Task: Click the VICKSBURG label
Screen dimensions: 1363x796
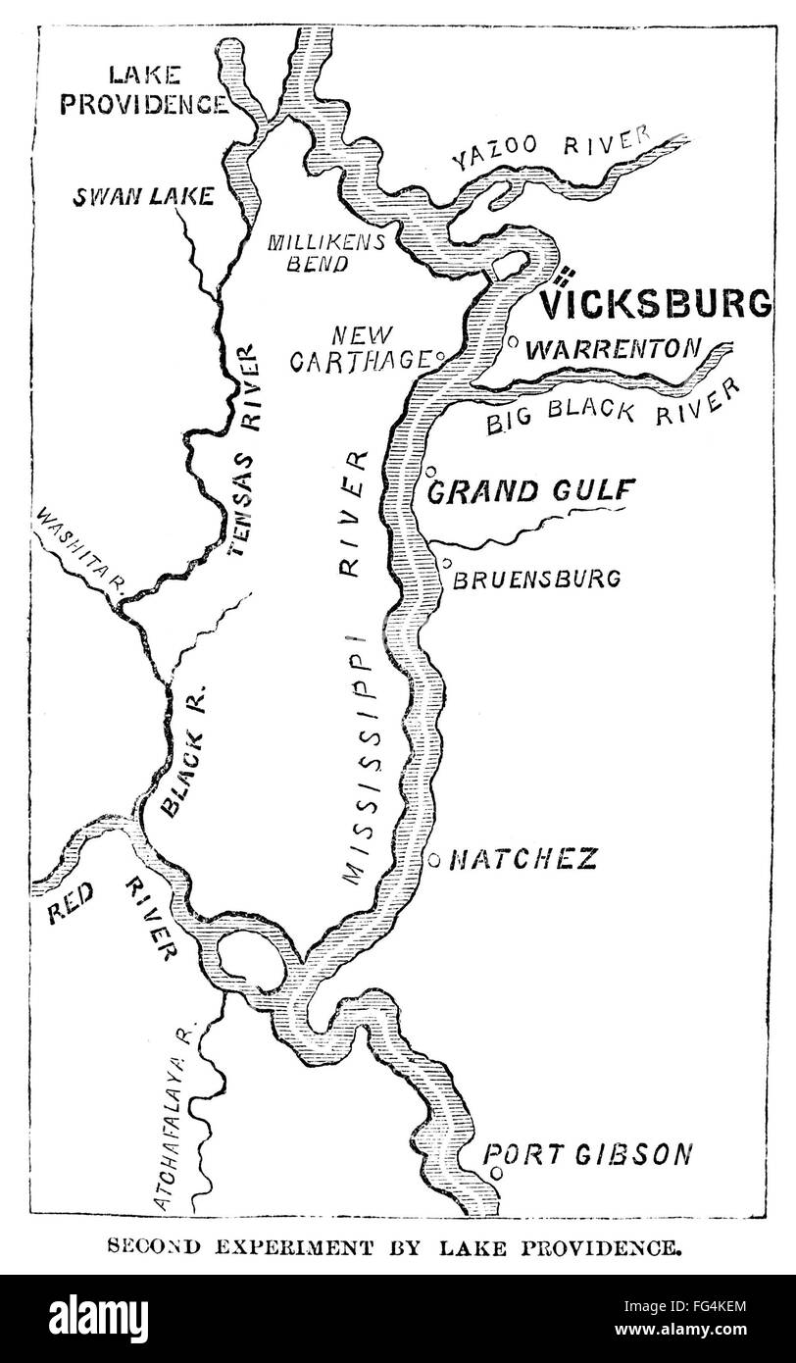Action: point(658,304)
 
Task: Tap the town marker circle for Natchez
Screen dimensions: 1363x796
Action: point(433,860)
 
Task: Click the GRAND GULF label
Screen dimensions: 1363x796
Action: point(531,490)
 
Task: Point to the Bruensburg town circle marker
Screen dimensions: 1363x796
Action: point(446,563)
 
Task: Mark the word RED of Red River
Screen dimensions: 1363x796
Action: point(71,911)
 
